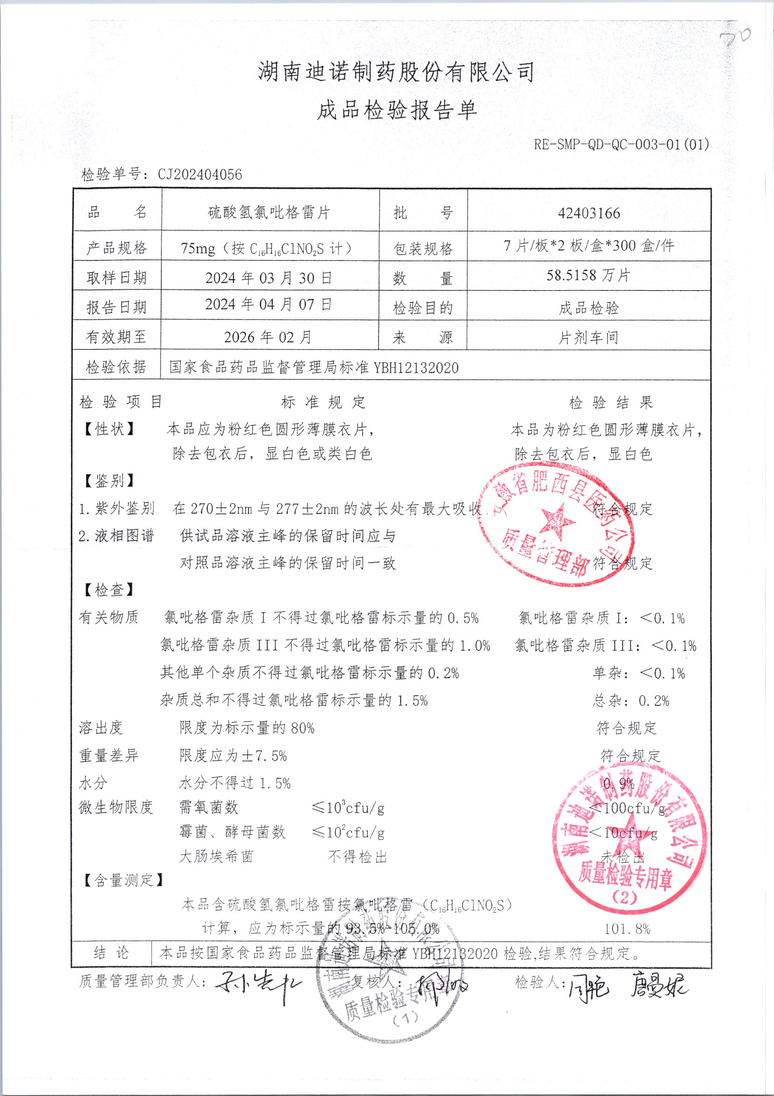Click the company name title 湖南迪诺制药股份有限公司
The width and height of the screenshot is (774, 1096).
pyautogui.click(x=396, y=73)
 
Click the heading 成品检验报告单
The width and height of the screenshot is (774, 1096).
pyautogui.click(x=397, y=111)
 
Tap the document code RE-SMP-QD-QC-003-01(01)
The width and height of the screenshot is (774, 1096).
pyautogui.click(x=621, y=144)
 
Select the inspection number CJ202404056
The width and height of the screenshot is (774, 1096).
pyautogui.click(x=200, y=175)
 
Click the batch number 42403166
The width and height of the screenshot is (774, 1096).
pyautogui.click(x=589, y=213)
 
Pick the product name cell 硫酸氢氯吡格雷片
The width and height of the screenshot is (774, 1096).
pyautogui.click(x=270, y=213)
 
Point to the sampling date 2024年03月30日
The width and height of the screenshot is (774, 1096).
pyautogui.click(x=269, y=278)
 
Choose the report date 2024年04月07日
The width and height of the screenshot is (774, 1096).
pyautogui.click(x=269, y=304)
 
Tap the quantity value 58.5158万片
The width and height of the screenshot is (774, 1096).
pyautogui.click(x=588, y=276)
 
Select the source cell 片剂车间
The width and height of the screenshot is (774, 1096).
pyautogui.click(x=588, y=338)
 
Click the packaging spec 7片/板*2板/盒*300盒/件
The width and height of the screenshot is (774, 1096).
pyautogui.click(x=589, y=246)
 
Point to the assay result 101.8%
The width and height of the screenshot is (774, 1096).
pyautogui.click(x=627, y=929)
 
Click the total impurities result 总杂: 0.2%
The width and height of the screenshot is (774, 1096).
pyautogui.click(x=631, y=701)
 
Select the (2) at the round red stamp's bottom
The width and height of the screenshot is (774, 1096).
pyautogui.click(x=624, y=897)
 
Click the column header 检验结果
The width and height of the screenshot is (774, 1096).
pyautogui.click(x=611, y=402)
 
